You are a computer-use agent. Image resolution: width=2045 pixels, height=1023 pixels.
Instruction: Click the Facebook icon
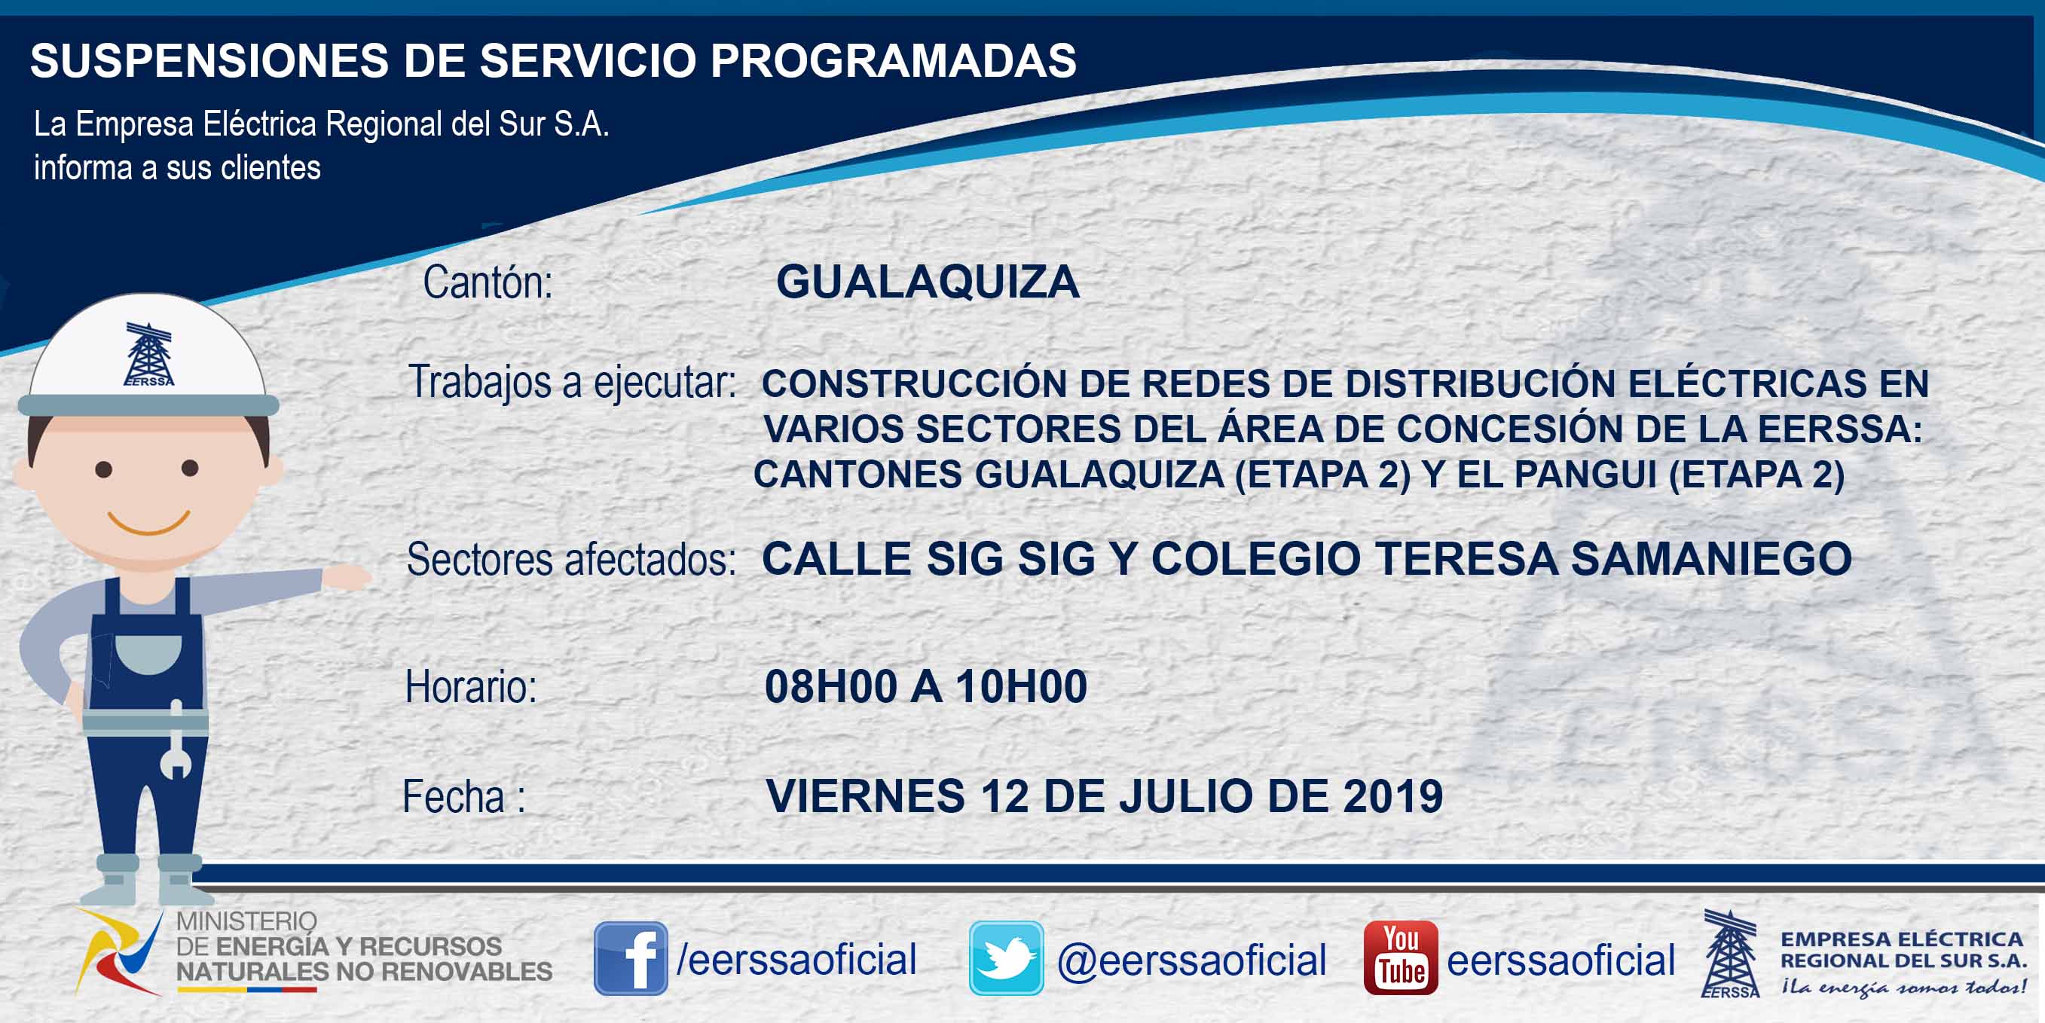click(631, 958)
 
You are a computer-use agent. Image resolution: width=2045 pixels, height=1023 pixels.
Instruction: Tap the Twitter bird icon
click(1006, 958)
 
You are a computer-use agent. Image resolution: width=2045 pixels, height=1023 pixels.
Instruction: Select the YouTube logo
click(1400, 958)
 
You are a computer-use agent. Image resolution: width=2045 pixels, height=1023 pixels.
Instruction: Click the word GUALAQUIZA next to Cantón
click(928, 282)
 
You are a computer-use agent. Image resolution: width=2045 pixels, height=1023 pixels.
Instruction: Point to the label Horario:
click(471, 686)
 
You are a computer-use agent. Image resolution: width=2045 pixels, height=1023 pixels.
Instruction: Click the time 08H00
click(830, 686)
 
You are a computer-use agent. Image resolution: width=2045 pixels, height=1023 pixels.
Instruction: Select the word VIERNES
click(864, 796)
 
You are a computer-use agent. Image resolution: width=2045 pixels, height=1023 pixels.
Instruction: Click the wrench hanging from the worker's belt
click(176, 740)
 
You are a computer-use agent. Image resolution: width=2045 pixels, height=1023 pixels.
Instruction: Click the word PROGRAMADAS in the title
click(893, 60)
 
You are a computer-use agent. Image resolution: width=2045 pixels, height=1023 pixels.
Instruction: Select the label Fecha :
click(463, 797)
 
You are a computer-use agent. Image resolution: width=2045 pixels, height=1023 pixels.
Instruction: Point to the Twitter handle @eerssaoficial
click(1191, 960)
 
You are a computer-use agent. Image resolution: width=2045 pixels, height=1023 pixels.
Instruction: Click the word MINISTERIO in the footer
click(246, 921)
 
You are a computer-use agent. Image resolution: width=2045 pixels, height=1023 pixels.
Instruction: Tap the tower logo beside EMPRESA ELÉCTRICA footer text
click(1730, 954)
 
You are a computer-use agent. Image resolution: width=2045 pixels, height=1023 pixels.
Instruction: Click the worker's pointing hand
click(346, 577)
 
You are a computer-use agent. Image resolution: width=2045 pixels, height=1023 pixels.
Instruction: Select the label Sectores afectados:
click(571, 560)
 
